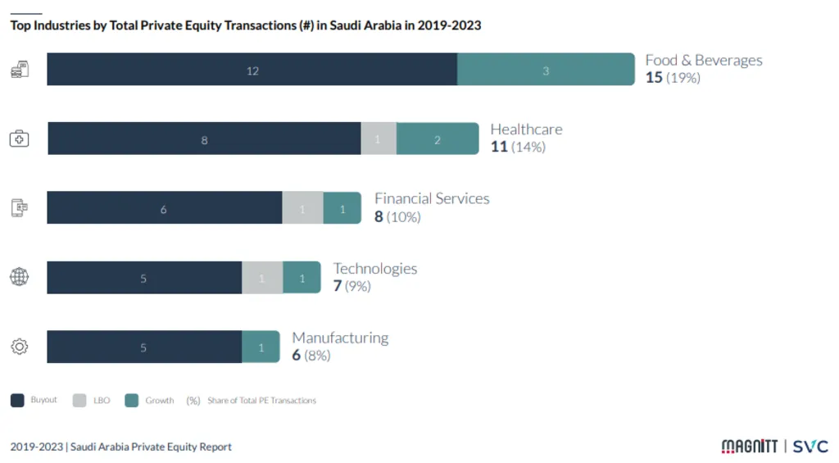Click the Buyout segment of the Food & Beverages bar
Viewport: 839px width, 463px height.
click(x=252, y=70)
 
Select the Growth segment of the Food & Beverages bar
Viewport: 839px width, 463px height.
click(x=546, y=70)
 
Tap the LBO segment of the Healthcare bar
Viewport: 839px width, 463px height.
click(x=379, y=139)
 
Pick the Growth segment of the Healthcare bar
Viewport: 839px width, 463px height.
click(x=438, y=139)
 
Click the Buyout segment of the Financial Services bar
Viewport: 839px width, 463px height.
click(x=164, y=208)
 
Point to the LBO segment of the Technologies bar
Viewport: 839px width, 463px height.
click(x=262, y=278)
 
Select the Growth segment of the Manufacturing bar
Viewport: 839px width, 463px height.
click(x=261, y=347)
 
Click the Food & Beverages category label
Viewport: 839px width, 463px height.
click(x=703, y=61)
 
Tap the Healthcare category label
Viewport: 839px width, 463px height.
click(x=526, y=129)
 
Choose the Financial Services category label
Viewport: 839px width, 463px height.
click(x=432, y=199)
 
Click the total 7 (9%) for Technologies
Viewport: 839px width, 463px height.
click(x=351, y=286)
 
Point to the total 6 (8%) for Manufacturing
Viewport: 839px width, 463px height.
click(x=311, y=356)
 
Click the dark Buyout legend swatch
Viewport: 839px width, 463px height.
click(x=17, y=401)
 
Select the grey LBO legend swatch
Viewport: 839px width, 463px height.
click(x=79, y=401)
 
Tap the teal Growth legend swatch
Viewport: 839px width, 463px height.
click(x=131, y=401)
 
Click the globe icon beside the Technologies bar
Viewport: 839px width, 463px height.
click(x=19, y=277)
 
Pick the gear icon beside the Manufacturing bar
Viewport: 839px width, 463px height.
click(x=19, y=347)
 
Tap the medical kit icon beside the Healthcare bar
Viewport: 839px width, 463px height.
click(x=19, y=138)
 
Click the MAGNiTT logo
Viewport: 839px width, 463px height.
click(x=748, y=447)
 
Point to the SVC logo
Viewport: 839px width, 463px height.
click(x=810, y=447)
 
